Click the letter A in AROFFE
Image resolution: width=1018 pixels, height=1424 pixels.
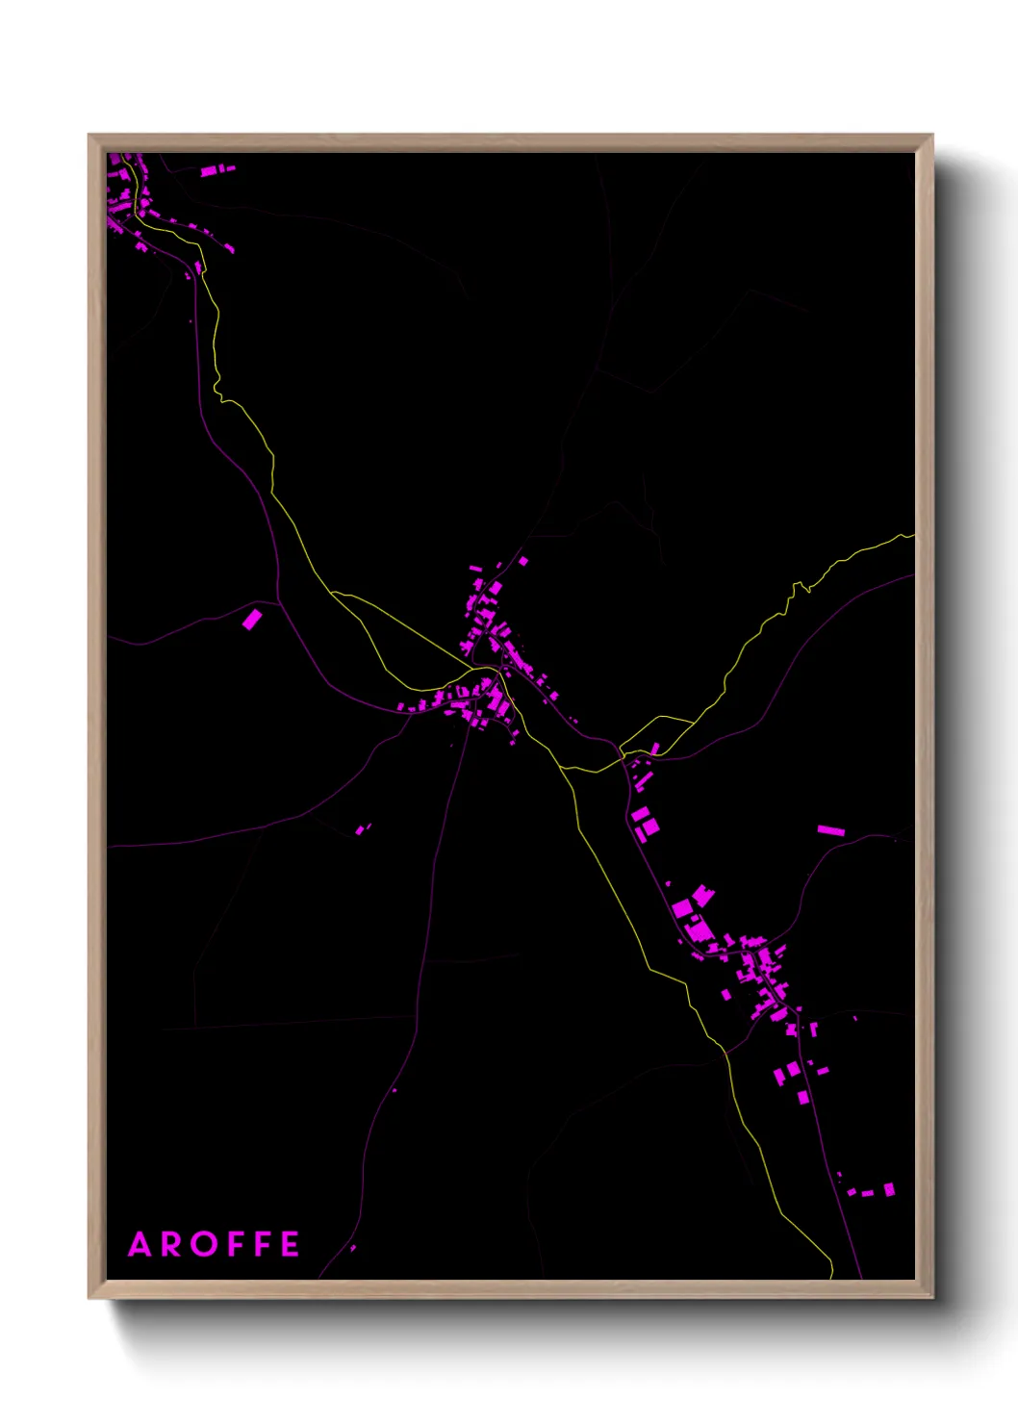[x=140, y=1244]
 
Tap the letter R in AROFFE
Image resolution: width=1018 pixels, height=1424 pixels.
[x=173, y=1244]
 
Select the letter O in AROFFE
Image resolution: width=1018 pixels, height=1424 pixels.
[x=206, y=1244]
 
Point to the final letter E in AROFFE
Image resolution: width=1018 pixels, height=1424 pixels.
[x=290, y=1244]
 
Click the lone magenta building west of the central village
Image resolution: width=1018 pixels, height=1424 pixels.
[x=251, y=619]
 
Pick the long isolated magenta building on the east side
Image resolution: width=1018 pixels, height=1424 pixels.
[x=830, y=829]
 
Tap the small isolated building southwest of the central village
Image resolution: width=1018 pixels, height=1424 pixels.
[x=361, y=828]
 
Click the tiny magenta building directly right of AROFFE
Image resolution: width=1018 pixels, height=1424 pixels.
[x=353, y=1248]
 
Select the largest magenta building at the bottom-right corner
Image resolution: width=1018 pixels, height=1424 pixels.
[x=889, y=1189]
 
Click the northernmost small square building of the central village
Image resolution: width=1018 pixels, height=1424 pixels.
[x=523, y=560]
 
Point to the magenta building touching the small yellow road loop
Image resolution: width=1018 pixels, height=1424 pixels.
[x=655, y=748]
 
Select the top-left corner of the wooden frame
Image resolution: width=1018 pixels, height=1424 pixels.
[x=90, y=137]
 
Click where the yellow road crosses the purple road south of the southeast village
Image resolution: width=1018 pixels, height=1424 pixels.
[x=725, y=1052]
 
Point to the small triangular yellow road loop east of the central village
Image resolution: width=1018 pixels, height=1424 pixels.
[x=657, y=732]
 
